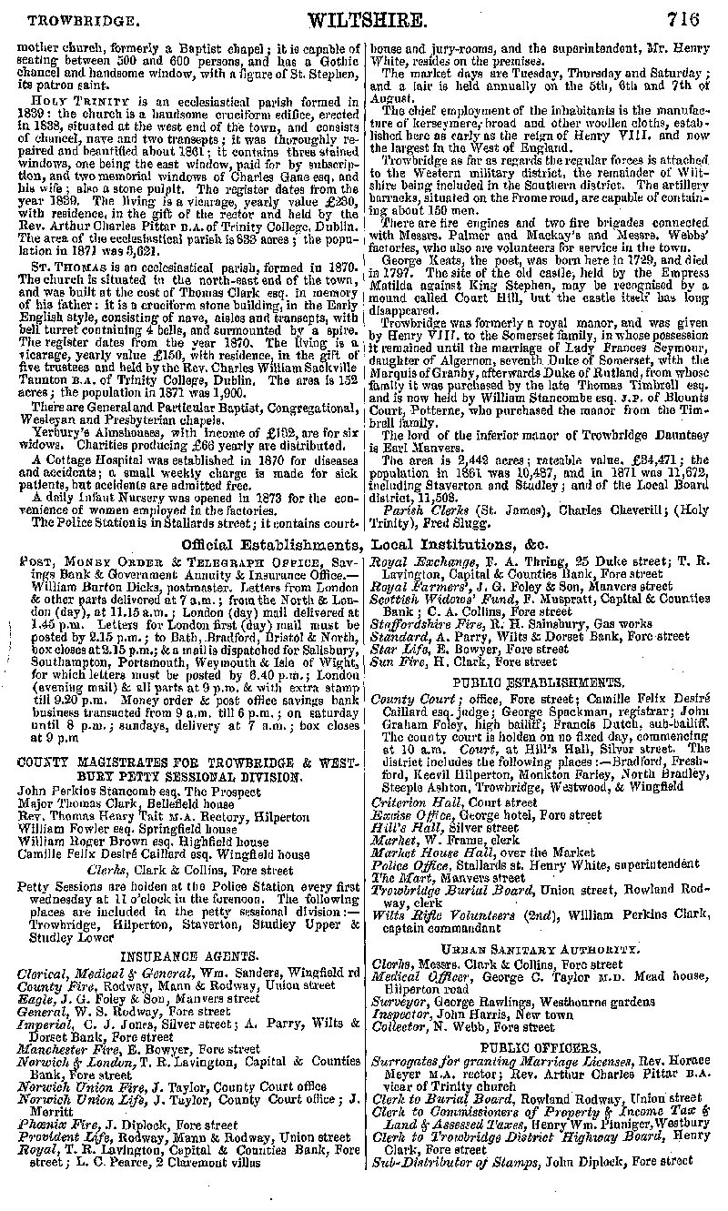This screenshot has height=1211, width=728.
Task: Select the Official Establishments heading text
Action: [x=269, y=545]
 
